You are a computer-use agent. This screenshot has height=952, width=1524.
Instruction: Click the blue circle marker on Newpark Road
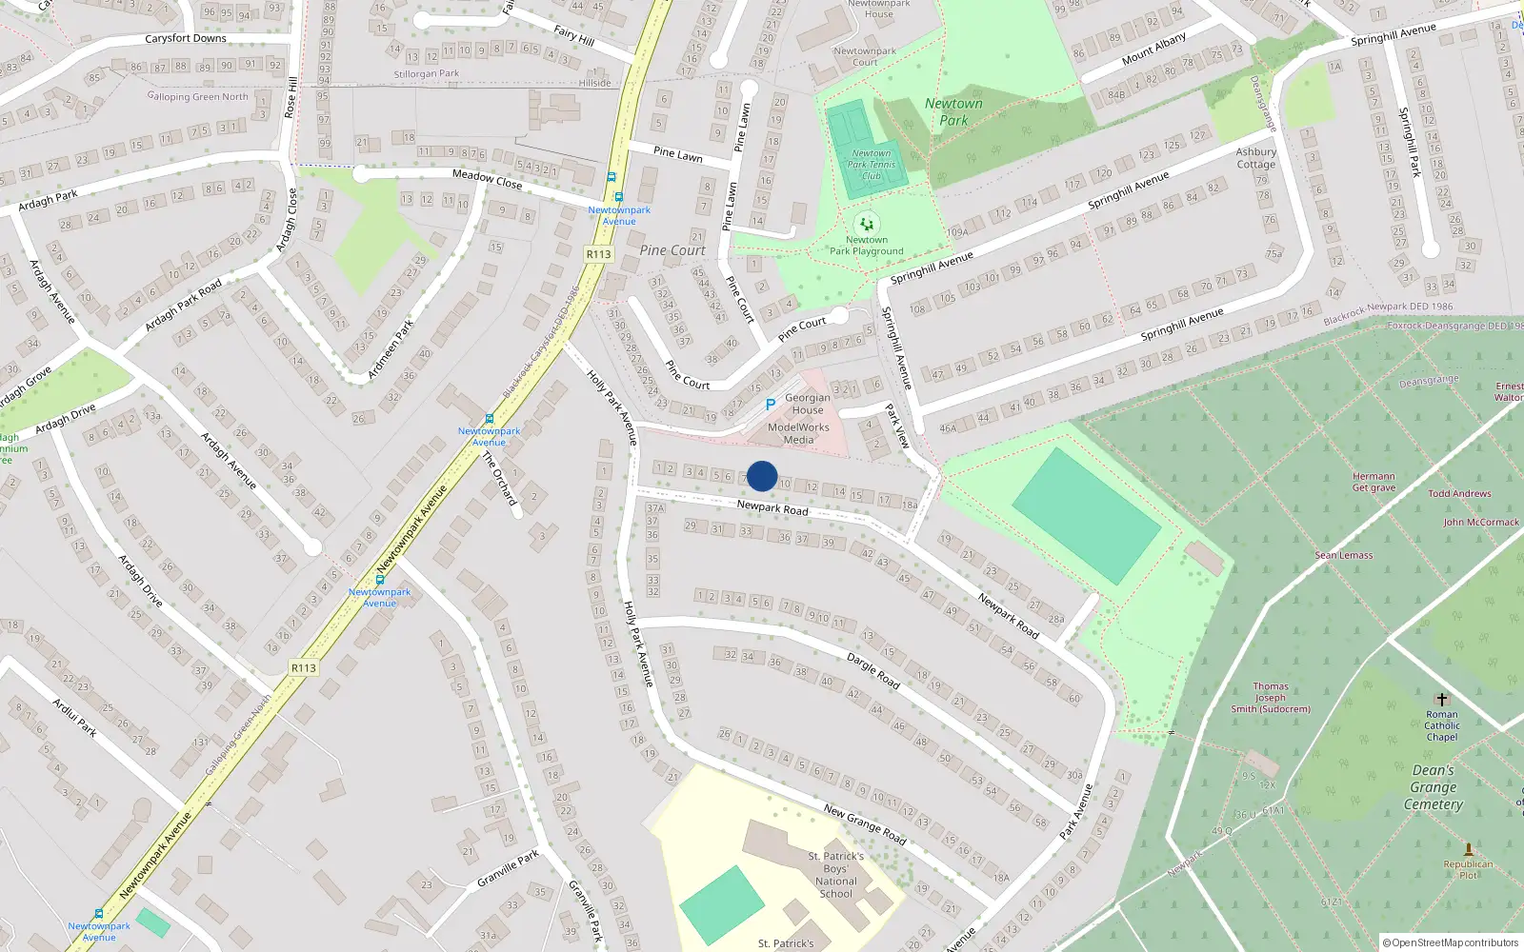pyautogui.click(x=762, y=476)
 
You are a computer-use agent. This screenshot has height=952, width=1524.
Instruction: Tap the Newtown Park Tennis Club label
pyautogui.click(x=872, y=165)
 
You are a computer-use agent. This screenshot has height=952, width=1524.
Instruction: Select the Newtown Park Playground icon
pyautogui.click(x=867, y=225)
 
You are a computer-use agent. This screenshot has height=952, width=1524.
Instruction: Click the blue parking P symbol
pyautogui.click(x=770, y=405)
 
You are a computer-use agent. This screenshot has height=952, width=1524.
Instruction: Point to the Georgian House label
pyautogui.click(x=808, y=404)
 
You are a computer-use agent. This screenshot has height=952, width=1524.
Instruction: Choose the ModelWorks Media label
pyautogui.click(x=798, y=433)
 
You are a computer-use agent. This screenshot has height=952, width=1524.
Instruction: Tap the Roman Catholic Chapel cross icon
pyautogui.click(x=1441, y=699)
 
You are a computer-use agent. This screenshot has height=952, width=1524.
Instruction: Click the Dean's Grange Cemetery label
pyautogui.click(x=1433, y=787)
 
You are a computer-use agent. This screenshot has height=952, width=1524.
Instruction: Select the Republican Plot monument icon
pyautogui.click(x=1468, y=849)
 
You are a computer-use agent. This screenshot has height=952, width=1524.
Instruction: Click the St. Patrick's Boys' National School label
pyautogui.click(x=835, y=875)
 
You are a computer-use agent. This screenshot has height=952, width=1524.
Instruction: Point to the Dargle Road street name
pyautogui.click(x=872, y=670)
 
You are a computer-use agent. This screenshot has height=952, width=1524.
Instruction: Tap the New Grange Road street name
pyautogui.click(x=864, y=823)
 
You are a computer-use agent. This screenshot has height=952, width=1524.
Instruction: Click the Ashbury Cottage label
pyautogui.click(x=1255, y=158)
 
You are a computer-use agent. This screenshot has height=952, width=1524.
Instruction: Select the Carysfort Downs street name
pyautogui.click(x=186, y=39)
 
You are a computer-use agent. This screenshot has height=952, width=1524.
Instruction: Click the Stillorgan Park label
pyautogui.click(x=426, y=73)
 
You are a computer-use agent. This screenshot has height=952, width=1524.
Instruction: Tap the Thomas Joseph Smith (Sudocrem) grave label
pyautogui.click(x=1270, y=698)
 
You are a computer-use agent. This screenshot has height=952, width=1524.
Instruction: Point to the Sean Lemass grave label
pyautogui.click(x=1344, y=555)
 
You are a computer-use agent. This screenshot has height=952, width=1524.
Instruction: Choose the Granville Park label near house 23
pyautogui.click(x=508, y=868)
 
